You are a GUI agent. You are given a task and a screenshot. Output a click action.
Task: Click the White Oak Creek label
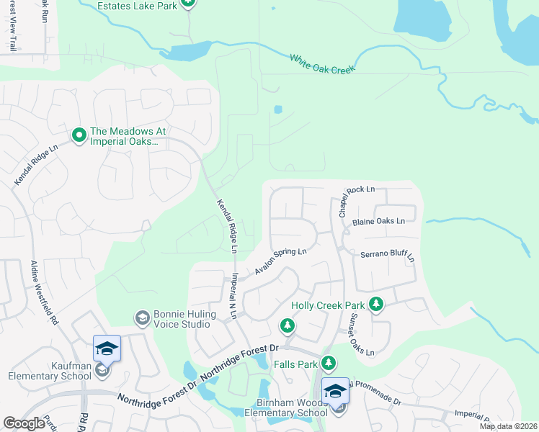[x=324, y=63]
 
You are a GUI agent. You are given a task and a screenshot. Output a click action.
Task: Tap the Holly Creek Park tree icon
[x=375, y=305]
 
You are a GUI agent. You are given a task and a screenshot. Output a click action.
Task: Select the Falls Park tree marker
[x=329, y=363]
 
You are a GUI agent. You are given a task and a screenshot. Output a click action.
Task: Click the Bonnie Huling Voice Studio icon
[x=142, y=318]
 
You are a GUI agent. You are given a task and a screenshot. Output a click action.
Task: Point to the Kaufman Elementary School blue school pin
[x=107, y=349]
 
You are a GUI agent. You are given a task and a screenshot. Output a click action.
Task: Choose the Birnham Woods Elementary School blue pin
[x=335, y=391]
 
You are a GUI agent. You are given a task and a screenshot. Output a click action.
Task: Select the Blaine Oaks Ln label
[x=384, y=222]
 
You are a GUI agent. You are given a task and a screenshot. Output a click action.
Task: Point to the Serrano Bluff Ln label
[x=388, y=255]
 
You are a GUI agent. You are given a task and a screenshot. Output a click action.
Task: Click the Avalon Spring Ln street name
[x=280, y=262]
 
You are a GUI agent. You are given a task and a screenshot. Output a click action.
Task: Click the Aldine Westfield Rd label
[x=44, y=293]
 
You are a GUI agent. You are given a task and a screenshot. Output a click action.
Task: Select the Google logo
[x=24, y=423]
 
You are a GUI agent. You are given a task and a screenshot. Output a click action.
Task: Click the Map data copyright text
[x=509, y=426]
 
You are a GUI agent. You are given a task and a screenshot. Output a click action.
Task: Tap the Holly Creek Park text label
[x=328, y=305]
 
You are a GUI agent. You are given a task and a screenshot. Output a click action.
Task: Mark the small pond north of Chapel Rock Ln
[x=278, y=110]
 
